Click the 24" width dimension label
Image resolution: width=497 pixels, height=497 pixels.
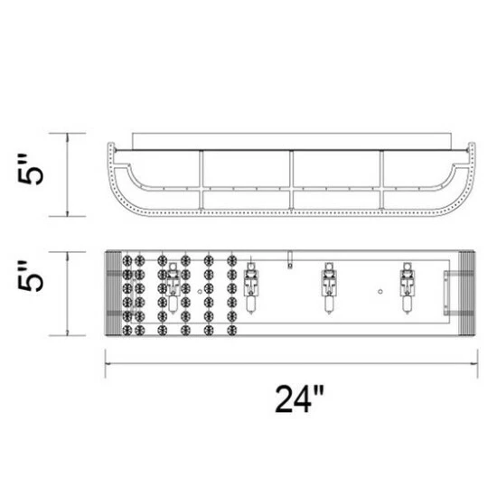tap(299, 399)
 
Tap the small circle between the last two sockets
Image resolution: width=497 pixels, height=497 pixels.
tap(380, 292)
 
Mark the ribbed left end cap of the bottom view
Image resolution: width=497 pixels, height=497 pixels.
tap(113, 292)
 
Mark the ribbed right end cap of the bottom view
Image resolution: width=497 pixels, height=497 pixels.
tap(467, 292)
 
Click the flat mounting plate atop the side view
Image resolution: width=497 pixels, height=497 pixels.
tap(291, 141)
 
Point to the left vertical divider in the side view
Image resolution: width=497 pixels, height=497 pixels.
tap(201, 179)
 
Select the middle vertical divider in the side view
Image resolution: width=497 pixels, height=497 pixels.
tap(291, 179)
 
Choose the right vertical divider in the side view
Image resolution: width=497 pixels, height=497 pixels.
tap(381, 179)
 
